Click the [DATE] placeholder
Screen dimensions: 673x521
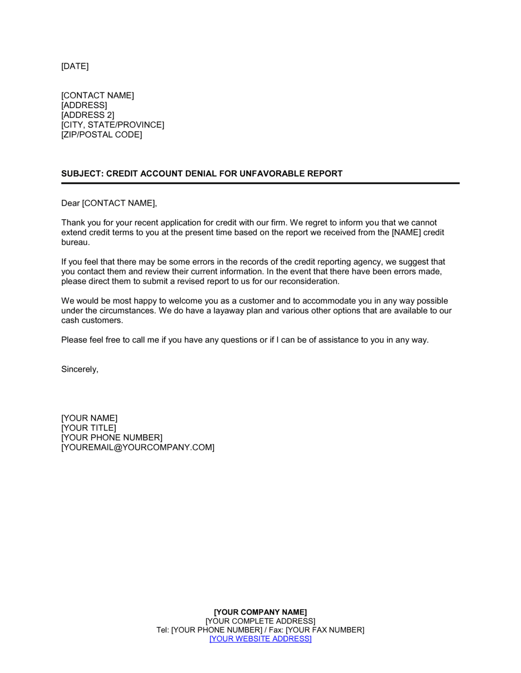(x=75, y=66)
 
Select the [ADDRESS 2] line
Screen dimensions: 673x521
(x=88, y=115)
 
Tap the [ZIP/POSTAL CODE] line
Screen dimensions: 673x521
(x=102, y=135)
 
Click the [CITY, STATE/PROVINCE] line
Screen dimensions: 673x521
(x=113, y=125)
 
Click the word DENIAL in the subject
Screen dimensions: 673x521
(x=201, y=174)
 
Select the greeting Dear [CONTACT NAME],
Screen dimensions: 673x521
(x=109, y=203)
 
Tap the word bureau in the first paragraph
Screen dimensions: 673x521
(x=75, y=243)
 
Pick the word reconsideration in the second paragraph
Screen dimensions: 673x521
(x=309, y=282)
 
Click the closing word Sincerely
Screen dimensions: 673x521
(x=79, y=369)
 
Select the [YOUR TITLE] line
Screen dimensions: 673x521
(x=89, y=428)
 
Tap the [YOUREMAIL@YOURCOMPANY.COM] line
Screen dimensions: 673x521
(x=138, y=448)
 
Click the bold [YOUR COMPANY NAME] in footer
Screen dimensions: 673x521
(x=260, y=612)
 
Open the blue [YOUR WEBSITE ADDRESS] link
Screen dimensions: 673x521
(x=260, y=639)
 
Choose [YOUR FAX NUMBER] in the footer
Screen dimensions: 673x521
(x=325, y=630)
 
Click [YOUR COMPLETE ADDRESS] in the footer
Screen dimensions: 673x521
(x=260, y=621)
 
